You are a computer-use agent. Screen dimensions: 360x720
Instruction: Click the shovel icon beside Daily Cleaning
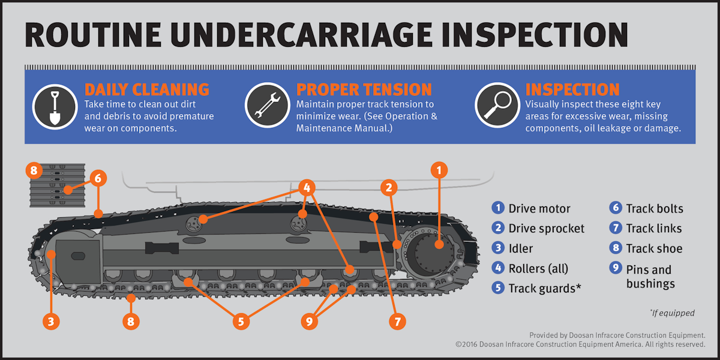pos(55,105)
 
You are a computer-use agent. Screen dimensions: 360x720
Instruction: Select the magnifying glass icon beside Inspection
pos(497,105)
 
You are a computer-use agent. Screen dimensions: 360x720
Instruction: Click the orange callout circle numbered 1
pos(439,170)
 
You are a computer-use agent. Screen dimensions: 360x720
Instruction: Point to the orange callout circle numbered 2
pos(389,188)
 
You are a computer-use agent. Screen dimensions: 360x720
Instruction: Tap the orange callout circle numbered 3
pos(51,322)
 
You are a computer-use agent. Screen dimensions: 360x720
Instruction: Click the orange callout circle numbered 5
pos(241,322)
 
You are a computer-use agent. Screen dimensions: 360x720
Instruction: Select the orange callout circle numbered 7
pos(397,322)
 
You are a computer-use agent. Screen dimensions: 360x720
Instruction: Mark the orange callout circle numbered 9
pos(309,322)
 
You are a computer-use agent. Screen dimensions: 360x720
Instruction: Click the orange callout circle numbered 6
pos(99,178)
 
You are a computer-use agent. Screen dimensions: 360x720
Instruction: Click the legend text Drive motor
pos(539,209)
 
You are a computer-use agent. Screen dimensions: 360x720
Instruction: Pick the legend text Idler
pos(520,248)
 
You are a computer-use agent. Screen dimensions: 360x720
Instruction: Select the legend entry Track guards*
pos(544,288)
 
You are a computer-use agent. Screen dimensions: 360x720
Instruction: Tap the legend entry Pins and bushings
pos(649,277)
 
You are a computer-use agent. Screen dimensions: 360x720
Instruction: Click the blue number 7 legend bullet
pos(615,228)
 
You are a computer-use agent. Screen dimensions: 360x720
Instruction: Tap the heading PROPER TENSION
pos(364,90)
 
